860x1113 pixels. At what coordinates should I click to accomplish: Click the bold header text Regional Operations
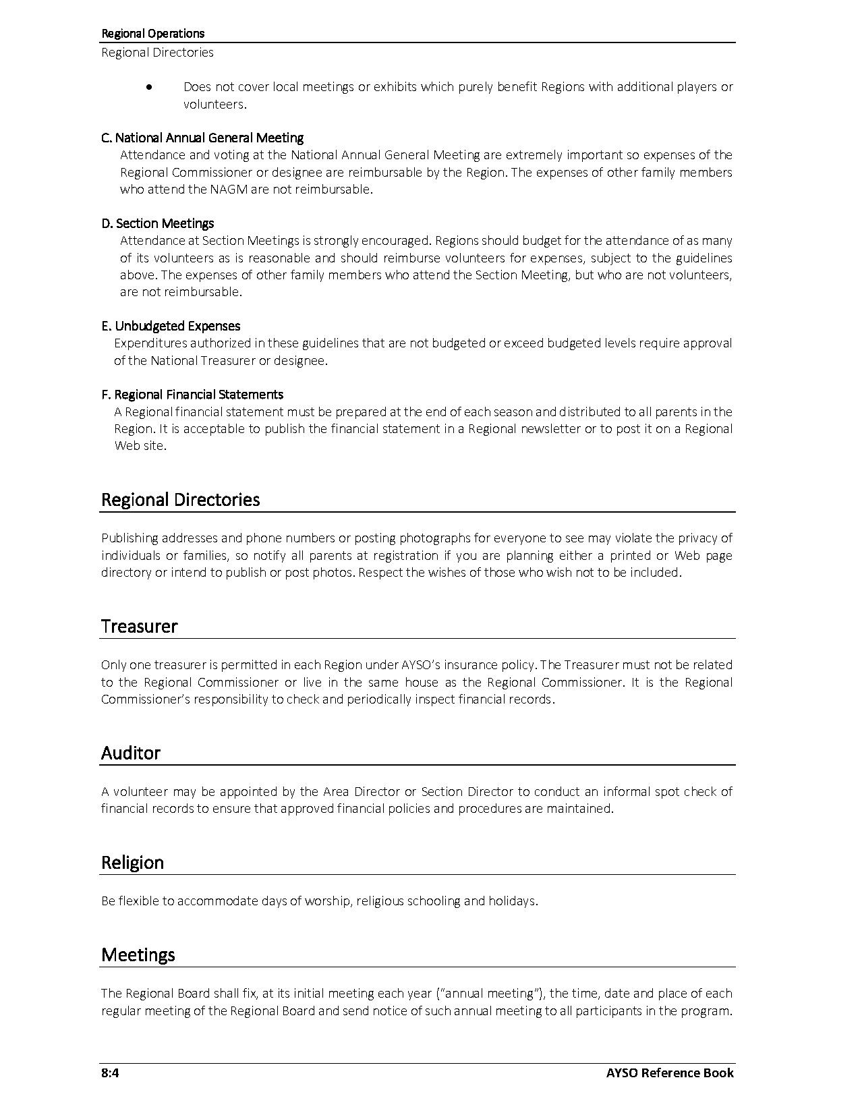pyautogui.click(x=152, y=33)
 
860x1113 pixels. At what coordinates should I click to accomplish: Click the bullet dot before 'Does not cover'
pyautogui.click(x=149, y=87)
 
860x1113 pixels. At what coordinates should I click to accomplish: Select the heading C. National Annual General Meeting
pyautogui.click(x=202, y=138)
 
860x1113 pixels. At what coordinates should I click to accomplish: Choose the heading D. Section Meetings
pyautogui.click(x=158, y=223)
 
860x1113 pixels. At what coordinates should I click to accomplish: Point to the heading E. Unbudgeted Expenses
pyautogui.click(x=171, y=326)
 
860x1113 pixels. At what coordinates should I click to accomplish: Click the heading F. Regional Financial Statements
pyautogui.click(x=192, y=395)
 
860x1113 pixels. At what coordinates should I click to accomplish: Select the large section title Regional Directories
pyautogui.click(x=180, y=500)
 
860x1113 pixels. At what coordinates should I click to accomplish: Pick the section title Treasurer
pyautogui.click(x=139, y=627)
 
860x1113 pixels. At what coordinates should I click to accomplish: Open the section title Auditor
pyautogui.click(x=131, y=753)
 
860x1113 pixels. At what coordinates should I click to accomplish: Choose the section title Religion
pyautogui.click(x=132, y=863)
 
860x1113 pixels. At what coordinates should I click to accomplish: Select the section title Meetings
pyautogui.click(x=138, y=955)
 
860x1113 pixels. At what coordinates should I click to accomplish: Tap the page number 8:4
pyautogui.click(x=110, y=1073)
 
